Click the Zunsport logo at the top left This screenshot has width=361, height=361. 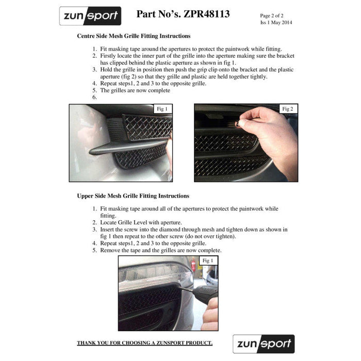pyautogui.click(x=90, y=16)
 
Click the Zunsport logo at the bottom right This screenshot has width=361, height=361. pyautogui.click(x=264, y=344)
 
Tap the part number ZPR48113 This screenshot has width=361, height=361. pyautogui.click(x=206, y=14)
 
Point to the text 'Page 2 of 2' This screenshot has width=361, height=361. pyautogui.click(x=272, y=15)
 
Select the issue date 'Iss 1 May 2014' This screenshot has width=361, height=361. pyautogui.click(x=276, y=22)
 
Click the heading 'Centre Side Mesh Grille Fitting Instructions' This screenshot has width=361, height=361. pyautogui.click(x=134, y=36)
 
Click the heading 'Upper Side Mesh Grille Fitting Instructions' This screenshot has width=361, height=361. pyautogui.click(x=133, y=196)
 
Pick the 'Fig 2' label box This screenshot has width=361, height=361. pyautogui.click(x=288, y=109)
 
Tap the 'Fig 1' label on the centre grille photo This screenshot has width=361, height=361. pyautogui.click(x=162, y=109)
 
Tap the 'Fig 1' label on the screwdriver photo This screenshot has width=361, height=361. pyautogui.click(x=208, y=260)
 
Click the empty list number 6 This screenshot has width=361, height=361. pyautogui.click(x=94, y=97)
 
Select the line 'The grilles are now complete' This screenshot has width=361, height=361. pyautogui.click(x=135, y=90)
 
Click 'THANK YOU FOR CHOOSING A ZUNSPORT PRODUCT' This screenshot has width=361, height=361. pyautogui.click(x=144, y=343)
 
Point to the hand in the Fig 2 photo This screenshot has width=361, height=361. pyautogui.click(x=272, y=136)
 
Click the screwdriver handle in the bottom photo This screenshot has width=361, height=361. pyautogui.click(x=207, y=292)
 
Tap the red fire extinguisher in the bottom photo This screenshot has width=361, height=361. pyautogui.click(x=193, y=265)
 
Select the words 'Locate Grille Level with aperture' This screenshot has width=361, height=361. pyautogui.click(x=140, y=222)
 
